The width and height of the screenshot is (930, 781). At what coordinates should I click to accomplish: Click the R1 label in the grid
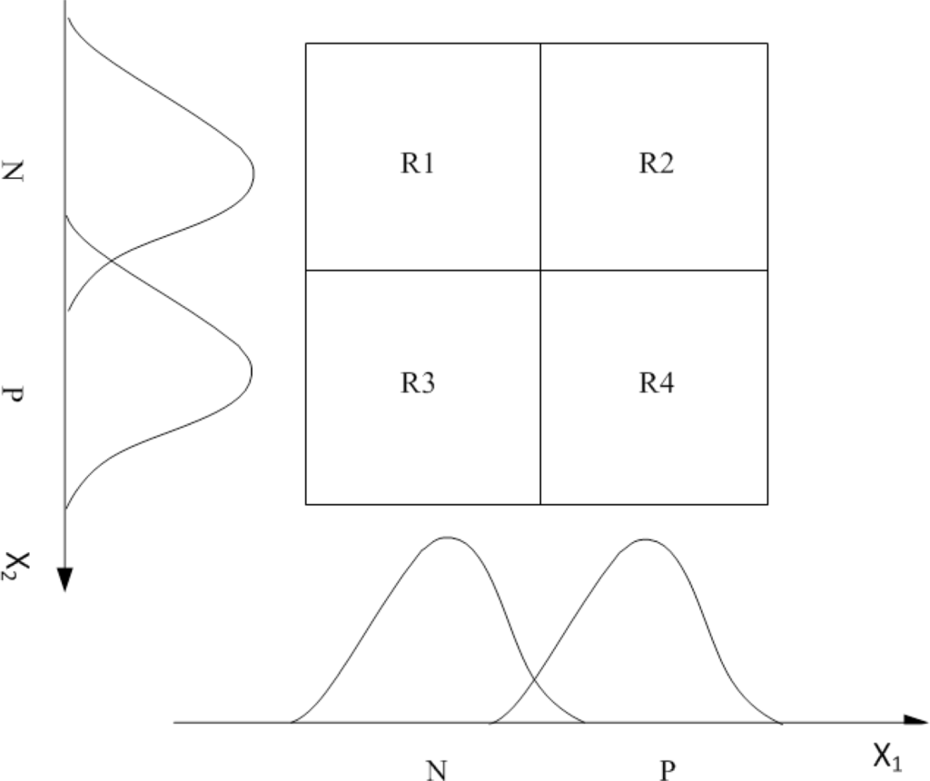[418, 164]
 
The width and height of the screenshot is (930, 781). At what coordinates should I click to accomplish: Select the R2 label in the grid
[656, 164]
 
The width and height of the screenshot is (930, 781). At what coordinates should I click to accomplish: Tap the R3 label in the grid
[418, 384]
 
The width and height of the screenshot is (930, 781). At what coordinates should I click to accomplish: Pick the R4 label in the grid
[656, 384]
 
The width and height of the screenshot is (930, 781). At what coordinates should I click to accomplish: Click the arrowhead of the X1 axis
[915, 723]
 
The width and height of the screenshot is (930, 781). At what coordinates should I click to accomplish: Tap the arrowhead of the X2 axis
[64, 578]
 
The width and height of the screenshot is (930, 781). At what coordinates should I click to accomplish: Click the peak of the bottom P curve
[645, 539]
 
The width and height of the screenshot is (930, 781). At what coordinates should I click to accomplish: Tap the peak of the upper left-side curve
[253, 172]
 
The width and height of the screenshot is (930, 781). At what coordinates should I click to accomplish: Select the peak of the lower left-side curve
[252, 369]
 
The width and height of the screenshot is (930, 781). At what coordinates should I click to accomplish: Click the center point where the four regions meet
[540, 270]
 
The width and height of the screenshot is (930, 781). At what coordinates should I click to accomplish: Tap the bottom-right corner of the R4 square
[767, 504]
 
